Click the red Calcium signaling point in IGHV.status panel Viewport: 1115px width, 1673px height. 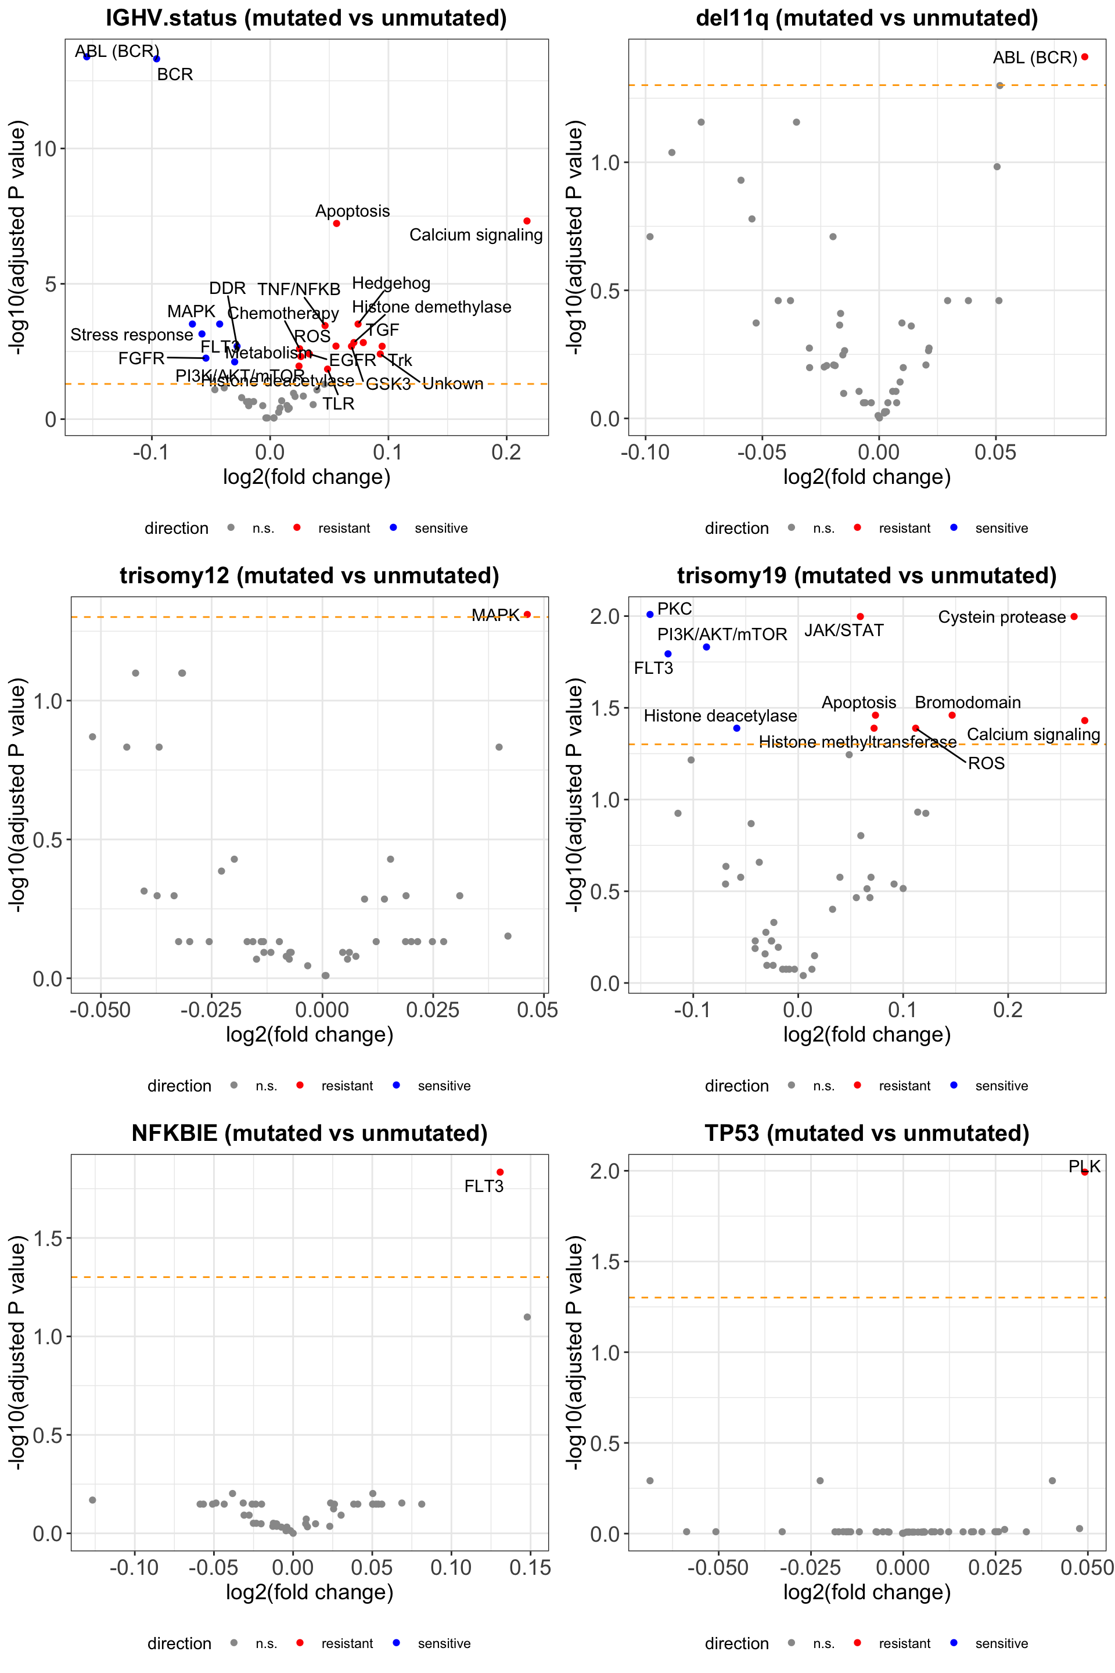coord(527,221)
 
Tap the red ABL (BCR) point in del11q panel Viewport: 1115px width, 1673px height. coord(1084,57)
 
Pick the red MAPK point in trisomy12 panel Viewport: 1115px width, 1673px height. coord(527,615)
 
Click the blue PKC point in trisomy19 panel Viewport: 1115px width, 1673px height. coord(650,615)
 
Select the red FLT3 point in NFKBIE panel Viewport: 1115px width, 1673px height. coord(500,1172)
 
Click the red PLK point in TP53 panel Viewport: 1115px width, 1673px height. coord(1084,1172)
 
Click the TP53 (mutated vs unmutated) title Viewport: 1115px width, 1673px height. coord(867,1133)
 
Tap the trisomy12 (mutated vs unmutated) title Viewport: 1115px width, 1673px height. coord(310,576)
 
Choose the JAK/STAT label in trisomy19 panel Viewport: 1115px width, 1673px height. coord(844,631)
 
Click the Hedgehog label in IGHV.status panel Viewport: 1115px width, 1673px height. coord(391,283)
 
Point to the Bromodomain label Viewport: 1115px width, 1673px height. coord(967,703)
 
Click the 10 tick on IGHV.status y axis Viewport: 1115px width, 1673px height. coord(45,149)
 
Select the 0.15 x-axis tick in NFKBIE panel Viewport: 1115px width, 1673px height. coord(530,1568)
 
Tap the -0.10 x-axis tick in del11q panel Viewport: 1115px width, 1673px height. coord(645,453)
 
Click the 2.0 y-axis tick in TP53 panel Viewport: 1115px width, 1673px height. coord(605,1172)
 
